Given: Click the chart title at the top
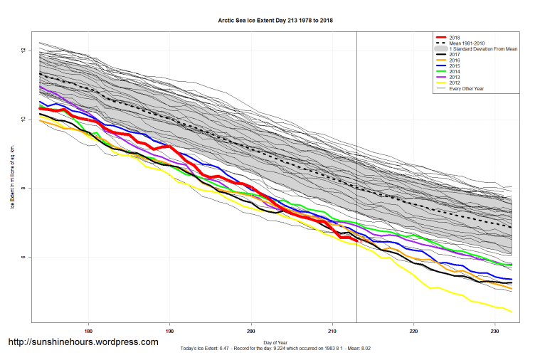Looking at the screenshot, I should [x=275, y=20].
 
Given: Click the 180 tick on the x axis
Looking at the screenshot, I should [x=88, y=330].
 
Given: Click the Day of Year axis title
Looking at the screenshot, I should [x=275, y=340].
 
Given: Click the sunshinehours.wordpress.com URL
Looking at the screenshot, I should [x=83, y=342].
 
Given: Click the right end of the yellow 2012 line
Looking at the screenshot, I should [x=512, y=312].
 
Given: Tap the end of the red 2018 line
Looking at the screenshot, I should [x=356, y=241].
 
